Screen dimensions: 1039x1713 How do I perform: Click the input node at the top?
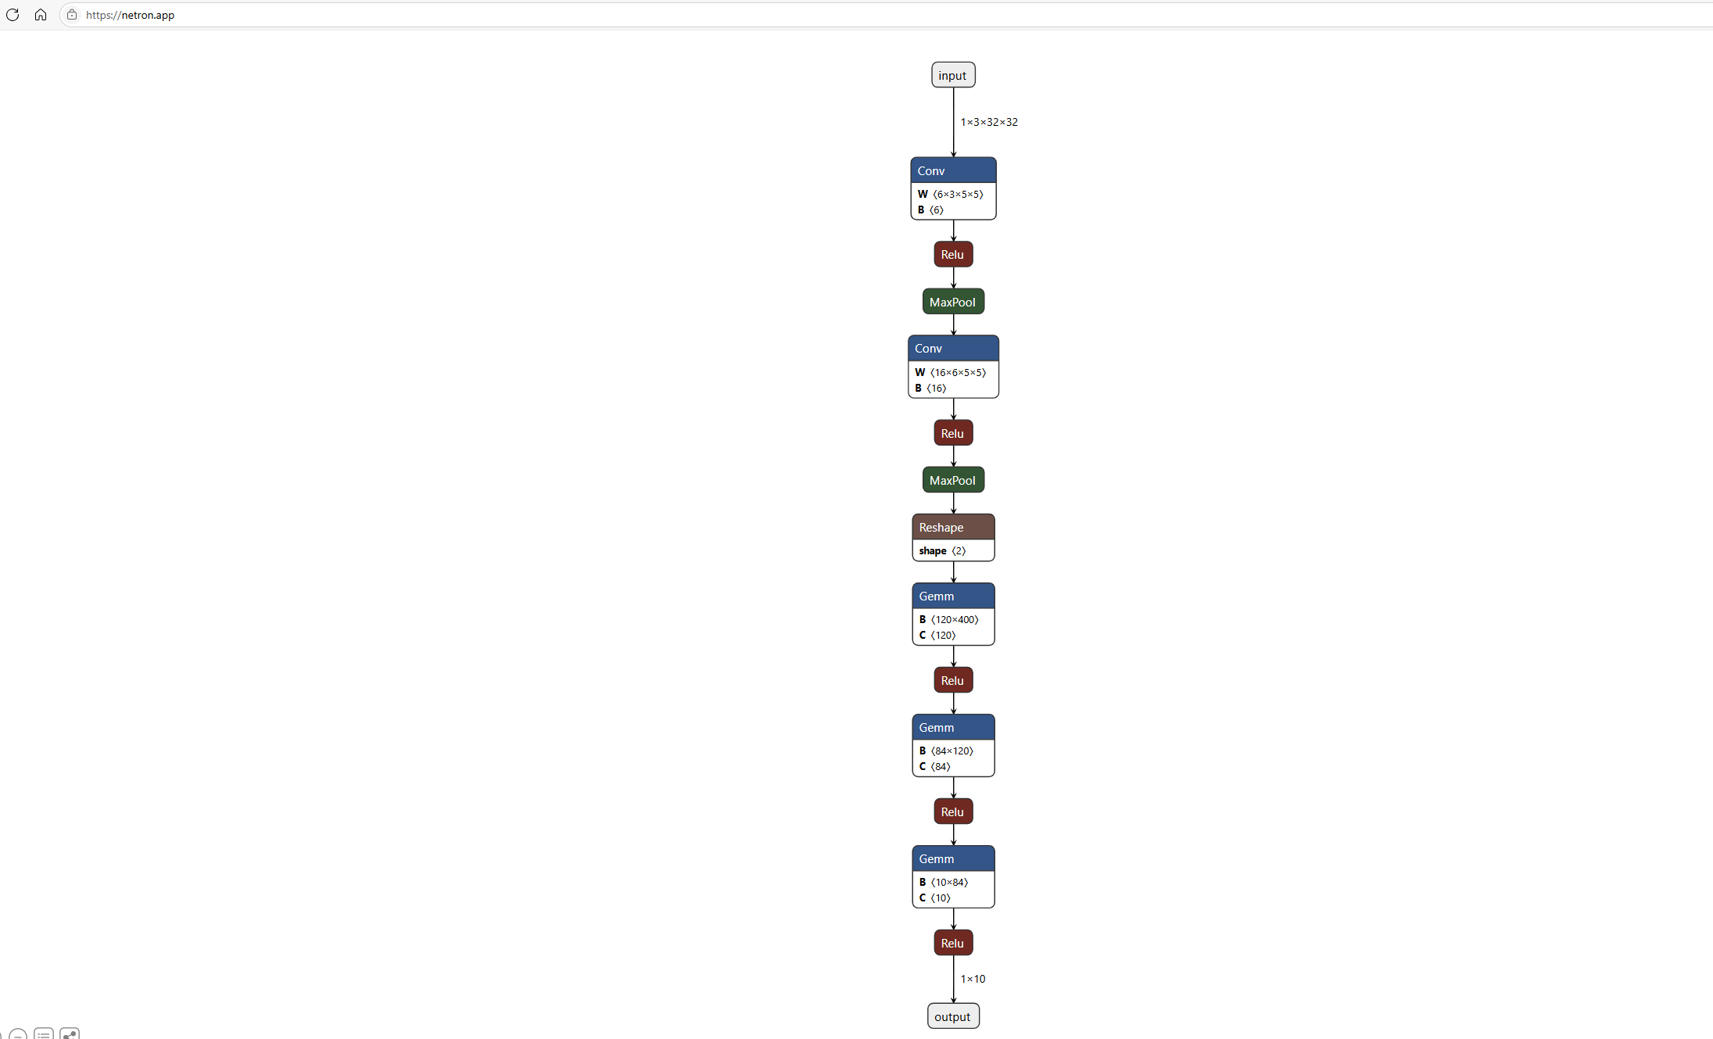952,75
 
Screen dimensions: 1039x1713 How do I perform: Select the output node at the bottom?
952,1016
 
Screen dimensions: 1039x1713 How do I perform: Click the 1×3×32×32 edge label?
989,122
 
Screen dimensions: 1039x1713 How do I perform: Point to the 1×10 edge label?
973,979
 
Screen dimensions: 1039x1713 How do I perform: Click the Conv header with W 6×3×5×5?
952,170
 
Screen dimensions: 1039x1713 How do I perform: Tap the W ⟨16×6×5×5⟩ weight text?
951,372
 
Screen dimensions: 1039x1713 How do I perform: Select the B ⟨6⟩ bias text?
930,210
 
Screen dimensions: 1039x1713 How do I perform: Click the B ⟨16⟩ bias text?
930,388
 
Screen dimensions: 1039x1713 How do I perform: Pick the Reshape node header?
952,527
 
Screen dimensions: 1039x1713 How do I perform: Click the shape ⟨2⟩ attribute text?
942,550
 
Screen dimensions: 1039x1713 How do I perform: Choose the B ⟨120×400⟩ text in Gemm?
948,619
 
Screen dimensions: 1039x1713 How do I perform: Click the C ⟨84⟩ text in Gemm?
934,766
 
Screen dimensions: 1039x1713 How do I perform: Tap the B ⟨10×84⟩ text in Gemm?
944,882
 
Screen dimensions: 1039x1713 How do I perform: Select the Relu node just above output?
952,943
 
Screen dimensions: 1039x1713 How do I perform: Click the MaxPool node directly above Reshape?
952,480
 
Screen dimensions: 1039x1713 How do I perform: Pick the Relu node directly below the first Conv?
952,254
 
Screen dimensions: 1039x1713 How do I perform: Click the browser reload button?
13,15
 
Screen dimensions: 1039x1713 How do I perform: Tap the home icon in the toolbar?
41,15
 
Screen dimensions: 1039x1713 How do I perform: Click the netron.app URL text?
130,15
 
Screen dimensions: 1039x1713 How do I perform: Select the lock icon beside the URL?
72,15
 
